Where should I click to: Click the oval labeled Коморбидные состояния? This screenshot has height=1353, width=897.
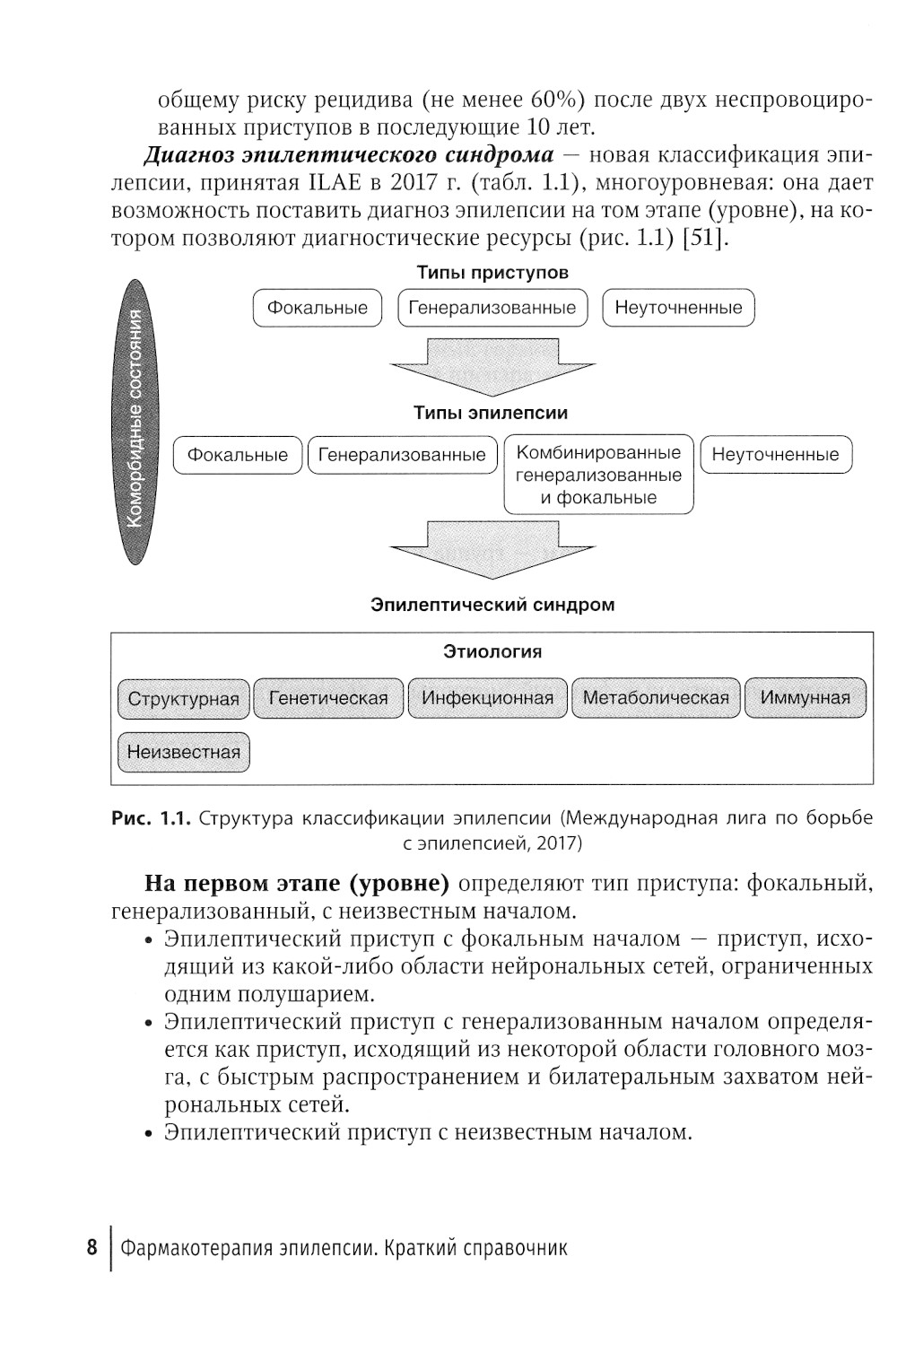[x=136, y=422]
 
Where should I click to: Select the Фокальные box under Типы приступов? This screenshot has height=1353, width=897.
[x=318, y=308]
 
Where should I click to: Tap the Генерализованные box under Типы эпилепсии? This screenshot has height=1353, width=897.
[x=402, y=455]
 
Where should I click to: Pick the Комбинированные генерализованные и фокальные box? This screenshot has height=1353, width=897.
[x=598, y=476]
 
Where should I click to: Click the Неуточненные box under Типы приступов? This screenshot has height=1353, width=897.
[x=678, y=308]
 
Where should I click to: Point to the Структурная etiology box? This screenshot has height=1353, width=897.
[x=183, y=699]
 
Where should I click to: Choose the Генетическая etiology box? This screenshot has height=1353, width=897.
[x=328, y=698]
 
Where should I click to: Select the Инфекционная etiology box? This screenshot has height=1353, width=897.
[x=488, y=698]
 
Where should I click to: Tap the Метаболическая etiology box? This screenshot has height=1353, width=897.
[x=656, y=698]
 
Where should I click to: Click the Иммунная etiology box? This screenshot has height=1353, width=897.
[x=805, y=698]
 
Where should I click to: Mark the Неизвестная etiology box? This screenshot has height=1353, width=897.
[x=183, y=752]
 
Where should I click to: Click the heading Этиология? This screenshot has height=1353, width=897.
[x=492, y=651]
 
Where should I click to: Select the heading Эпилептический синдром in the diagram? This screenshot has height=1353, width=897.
[x=492, y=605]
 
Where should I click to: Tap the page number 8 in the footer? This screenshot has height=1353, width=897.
[x=91, y=1248]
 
